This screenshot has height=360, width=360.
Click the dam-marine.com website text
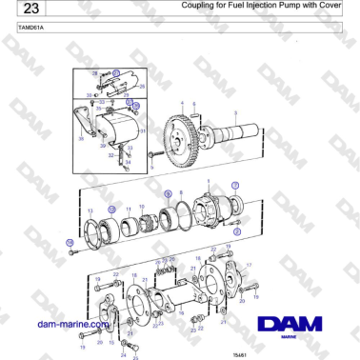70,324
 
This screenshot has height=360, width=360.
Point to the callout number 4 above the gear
181,102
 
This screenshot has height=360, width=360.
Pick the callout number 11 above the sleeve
130,206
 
